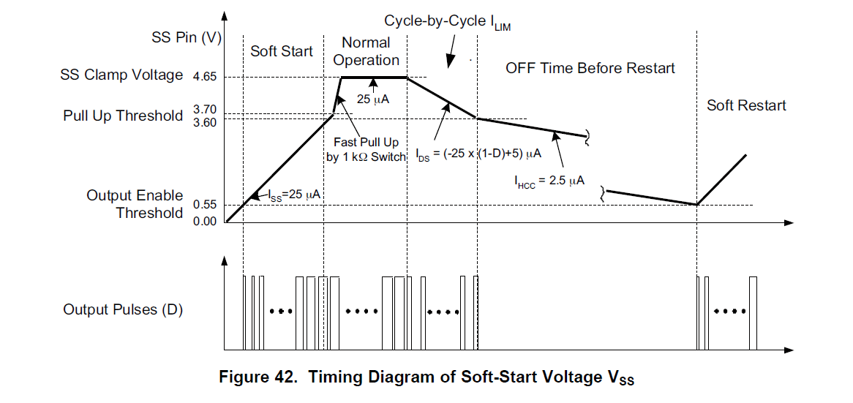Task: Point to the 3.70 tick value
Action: coord(206,110)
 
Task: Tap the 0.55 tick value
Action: coord(206,204)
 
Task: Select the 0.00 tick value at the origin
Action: coord(206,221)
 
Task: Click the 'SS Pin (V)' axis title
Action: coord(187,38)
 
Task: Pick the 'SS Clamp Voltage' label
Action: coord(122,75)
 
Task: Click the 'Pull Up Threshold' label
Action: coord(123,116)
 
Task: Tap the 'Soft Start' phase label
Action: coord(281,51)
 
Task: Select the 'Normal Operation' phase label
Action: coord(366,51)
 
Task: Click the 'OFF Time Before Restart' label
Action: coord(590,68)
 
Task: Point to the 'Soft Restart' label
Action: coord(746,105)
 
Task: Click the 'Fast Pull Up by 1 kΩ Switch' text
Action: coord(366,150)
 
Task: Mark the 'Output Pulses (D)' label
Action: coord(123,309)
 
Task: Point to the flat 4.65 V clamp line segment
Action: coord(373,77)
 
